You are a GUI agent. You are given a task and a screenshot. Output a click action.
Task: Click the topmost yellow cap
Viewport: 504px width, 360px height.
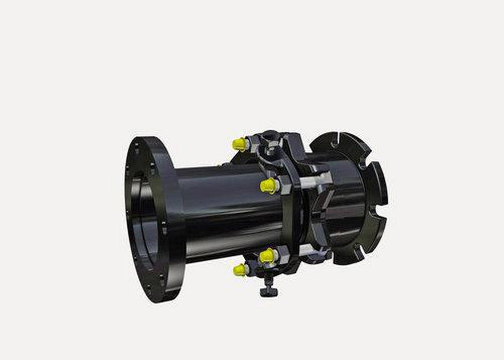[239, 144]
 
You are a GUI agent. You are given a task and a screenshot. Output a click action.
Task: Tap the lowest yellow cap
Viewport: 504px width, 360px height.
[240, 270]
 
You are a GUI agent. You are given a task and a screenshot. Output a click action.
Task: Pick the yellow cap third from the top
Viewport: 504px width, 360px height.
[267, 256]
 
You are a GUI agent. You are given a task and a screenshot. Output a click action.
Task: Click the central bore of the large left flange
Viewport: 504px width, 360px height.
[143, 222]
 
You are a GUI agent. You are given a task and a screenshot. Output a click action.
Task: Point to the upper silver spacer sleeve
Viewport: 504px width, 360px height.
[317, 179]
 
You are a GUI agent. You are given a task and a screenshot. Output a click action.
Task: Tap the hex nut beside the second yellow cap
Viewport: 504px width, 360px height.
[278, 186]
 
